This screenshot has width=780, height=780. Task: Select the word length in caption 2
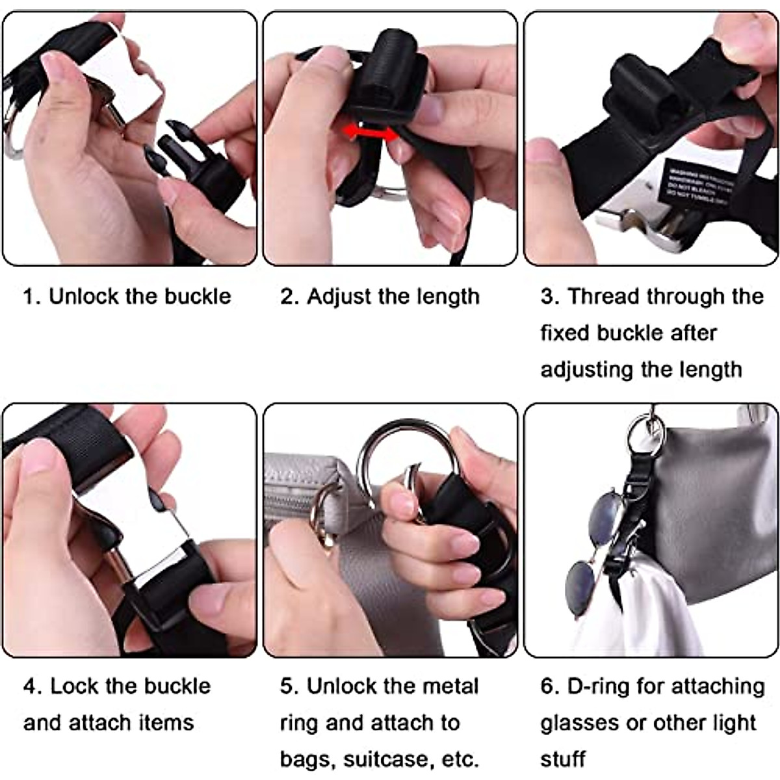(447, 296)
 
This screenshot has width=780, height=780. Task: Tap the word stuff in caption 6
(563, 759)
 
